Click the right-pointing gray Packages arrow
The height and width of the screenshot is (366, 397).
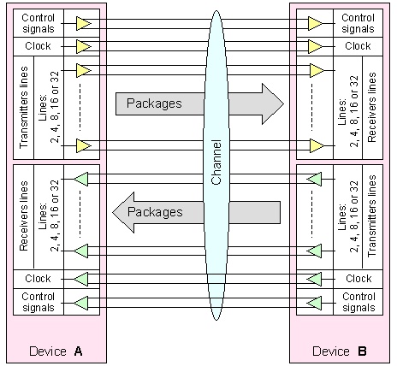coord(199,103)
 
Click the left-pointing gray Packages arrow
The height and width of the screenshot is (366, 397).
coord(197,212)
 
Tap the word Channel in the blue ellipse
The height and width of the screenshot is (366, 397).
coord(216,162)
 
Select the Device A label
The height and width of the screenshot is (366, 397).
coord(56,351)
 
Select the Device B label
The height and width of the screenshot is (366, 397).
coord(340,351)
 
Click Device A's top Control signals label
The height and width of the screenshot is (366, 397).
coord(39,23)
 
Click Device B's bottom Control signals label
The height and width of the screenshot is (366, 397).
coord(358,302)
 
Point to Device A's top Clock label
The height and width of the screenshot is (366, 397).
coord(38,46)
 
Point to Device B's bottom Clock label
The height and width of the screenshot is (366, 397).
coord(358,279)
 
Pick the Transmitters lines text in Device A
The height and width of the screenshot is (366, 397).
coord(24,108)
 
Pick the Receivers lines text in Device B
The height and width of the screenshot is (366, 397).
coord(372,107)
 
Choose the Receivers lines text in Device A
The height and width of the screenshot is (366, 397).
coord(24,215)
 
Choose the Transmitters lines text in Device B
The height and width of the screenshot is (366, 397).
coord(372,215)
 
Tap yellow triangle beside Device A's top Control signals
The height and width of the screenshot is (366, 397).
coord(83,24)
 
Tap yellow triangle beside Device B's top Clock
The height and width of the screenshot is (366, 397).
coord(315,46)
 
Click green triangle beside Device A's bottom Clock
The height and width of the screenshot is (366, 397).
coord(81,279)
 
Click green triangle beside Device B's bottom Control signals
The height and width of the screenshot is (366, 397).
coord(314,303)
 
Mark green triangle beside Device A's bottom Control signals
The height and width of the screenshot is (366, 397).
coord(81,303)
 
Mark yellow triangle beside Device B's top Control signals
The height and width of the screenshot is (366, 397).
coord(315,24)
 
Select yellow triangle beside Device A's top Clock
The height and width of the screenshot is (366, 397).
coord(83,46)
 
